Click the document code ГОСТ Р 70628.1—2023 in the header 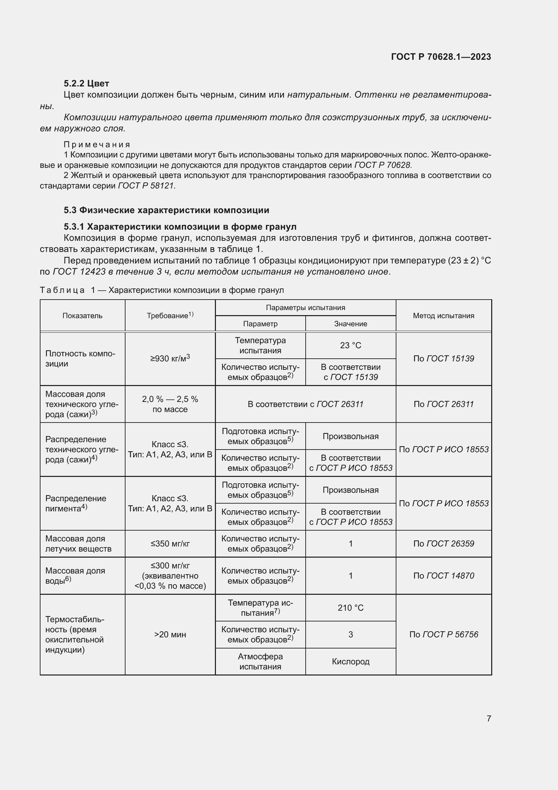[441, 57]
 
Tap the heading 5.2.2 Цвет [86, 83]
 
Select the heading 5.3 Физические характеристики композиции [166, 210]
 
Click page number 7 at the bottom [489, 718]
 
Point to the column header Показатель [82, 315]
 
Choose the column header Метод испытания [443, 315]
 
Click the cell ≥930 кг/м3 [170, 359]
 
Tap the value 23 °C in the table [351, 345]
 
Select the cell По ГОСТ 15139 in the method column [443, 359]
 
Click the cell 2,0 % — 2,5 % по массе [170, 404]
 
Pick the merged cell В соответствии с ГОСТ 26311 [305, 404]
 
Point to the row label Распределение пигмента [76, 503]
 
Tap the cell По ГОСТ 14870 [443, 576]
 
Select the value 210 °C [351, 608]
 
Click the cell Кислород [351, 661]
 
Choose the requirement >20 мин [170, 635]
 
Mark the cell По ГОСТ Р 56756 [443, 635]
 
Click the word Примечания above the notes [97, 145]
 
